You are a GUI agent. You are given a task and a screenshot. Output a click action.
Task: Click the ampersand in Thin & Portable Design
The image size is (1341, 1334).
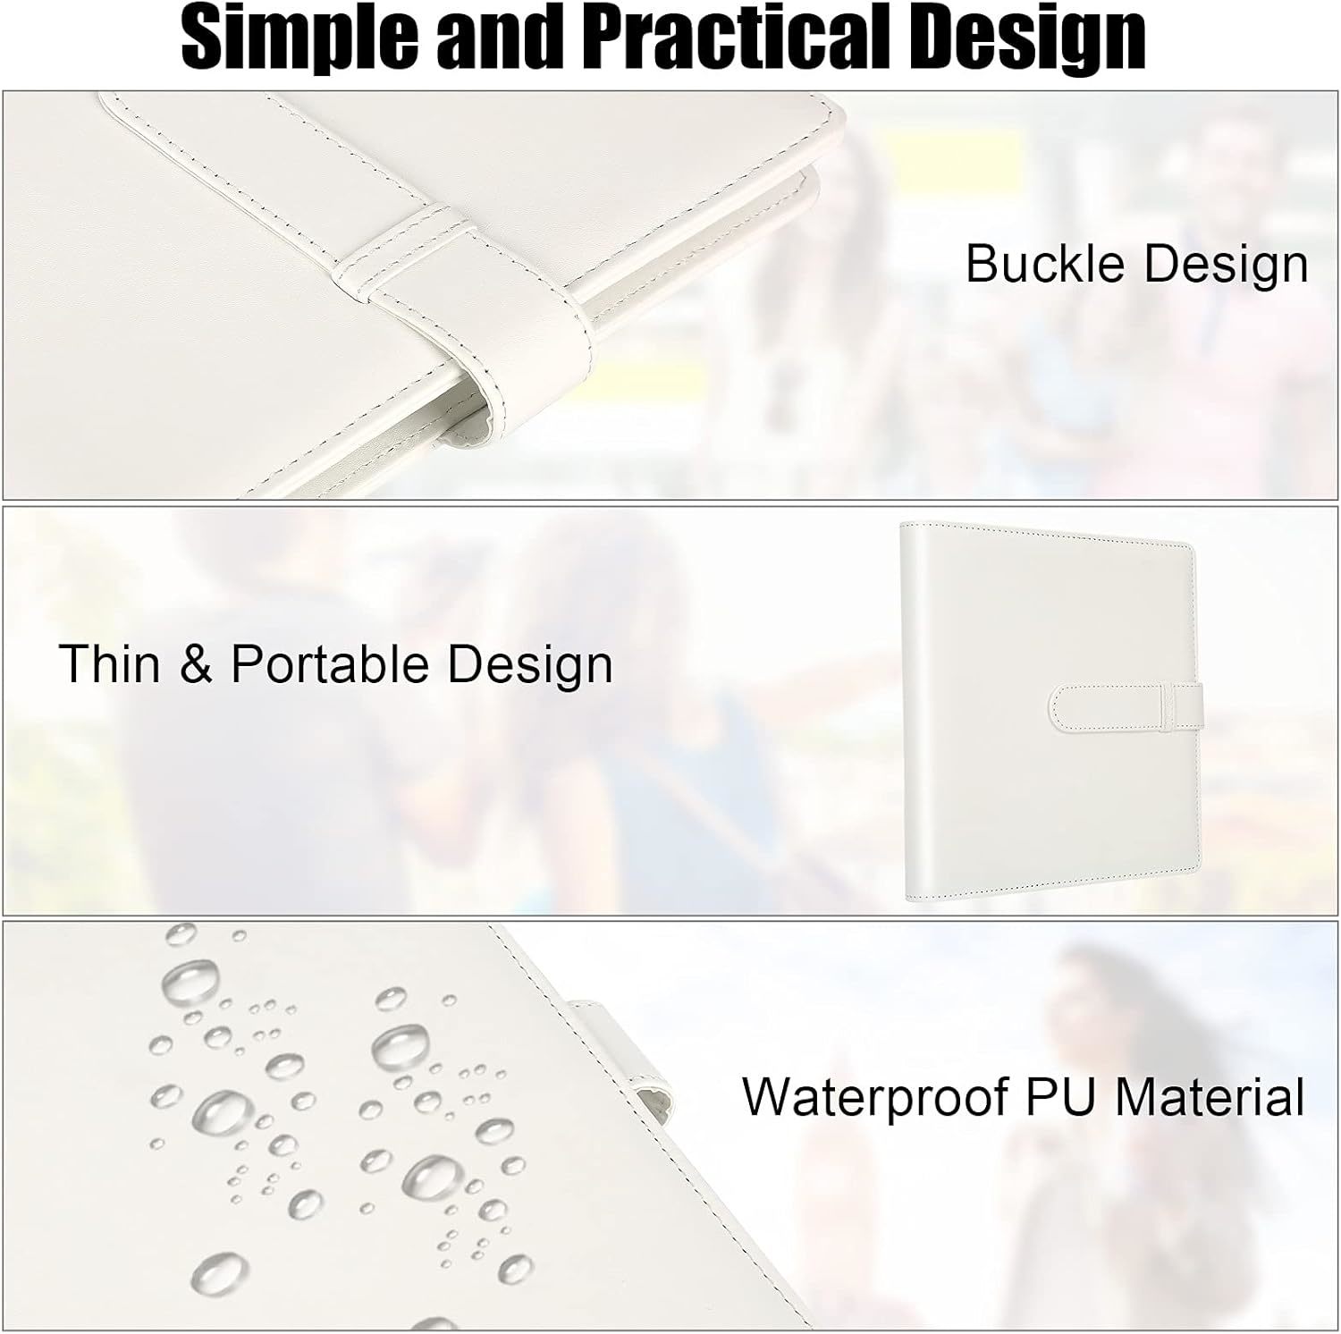196,664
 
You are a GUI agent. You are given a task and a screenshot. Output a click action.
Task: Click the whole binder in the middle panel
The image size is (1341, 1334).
1050,712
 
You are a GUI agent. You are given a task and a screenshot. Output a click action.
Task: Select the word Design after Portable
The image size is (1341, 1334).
530,665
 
